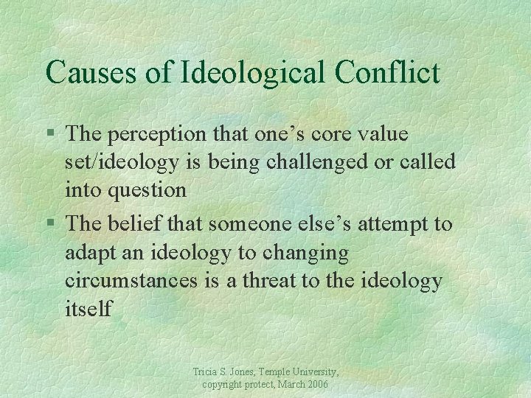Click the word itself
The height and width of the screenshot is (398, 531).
[x=88, y=307]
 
